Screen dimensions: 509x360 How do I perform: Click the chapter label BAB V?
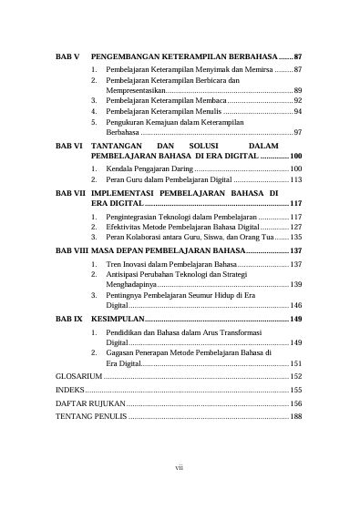(x=69, y=57)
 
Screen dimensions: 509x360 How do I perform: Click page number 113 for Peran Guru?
(x=295, y=180)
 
